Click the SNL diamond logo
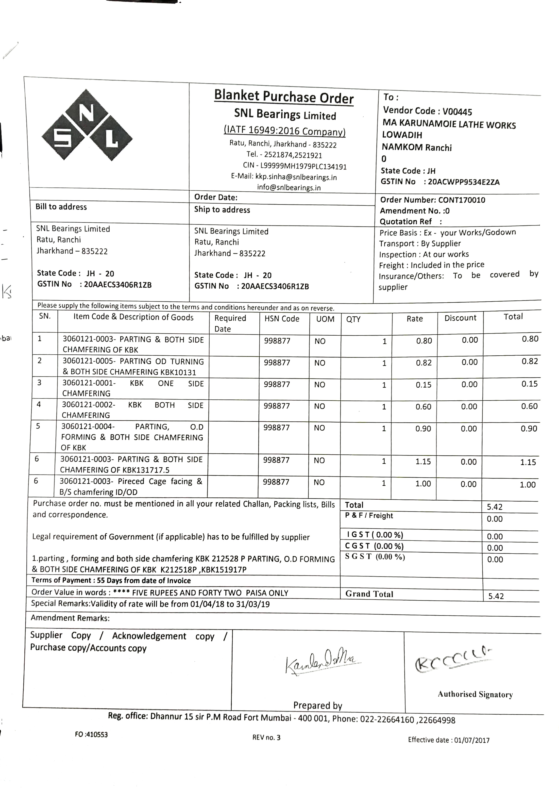click(87, 125)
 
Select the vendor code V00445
click(457, 112)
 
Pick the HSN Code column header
click(282, 319)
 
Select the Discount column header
click(460, 318)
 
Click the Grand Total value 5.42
click(496, 596)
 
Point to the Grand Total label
click(369, 594)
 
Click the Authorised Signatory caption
click(475, 694)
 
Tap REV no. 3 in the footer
click(266, 737)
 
